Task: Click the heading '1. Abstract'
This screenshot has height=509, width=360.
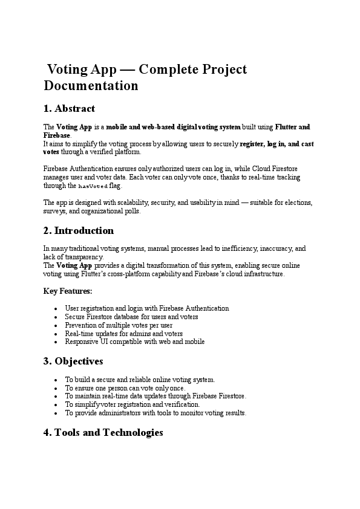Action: coord(69,109)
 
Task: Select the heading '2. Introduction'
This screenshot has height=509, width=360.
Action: coord(79,230)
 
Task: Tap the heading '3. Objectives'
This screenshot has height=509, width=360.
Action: coord(73,361)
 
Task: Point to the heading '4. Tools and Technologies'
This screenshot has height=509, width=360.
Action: coord(103,433)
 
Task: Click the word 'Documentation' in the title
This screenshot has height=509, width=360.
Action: coord(91,86)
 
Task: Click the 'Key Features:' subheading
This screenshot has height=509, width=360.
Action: coord(68,291)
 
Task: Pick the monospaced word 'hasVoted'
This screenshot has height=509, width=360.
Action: coord(93,187)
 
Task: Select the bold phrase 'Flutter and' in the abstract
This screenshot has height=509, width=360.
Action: coord(293,127)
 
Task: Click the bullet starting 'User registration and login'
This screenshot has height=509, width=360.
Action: coord(147,308)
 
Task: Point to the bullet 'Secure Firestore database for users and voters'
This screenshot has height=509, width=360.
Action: coord(131,317)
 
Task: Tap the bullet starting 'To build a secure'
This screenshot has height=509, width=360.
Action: coord(139,380)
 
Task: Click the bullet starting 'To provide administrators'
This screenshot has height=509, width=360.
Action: coord(155,413)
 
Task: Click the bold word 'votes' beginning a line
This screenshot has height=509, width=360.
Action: coord(51,152)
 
